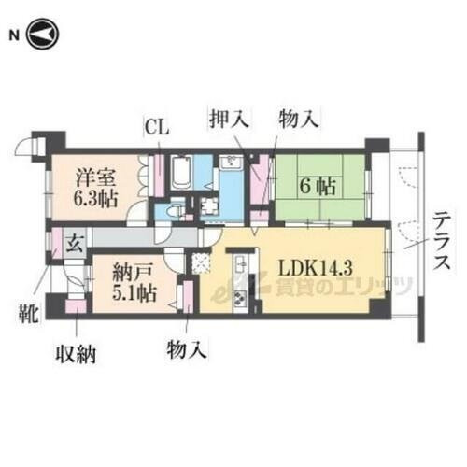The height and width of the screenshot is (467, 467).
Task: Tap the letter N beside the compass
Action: pos(14,35)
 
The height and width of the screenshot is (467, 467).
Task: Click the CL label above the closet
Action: pos(156,128)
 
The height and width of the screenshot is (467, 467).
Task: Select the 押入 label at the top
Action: pos(227,119)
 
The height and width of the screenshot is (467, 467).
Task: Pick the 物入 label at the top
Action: pos(297,119)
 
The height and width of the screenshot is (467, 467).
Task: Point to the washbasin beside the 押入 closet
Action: pos(231,166)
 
